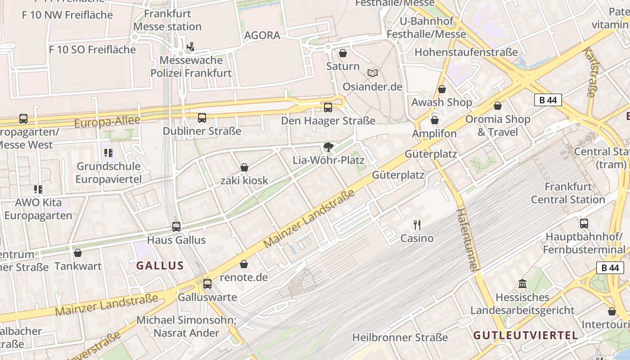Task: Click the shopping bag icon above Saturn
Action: point(343,53)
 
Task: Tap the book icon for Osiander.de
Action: point(373,73)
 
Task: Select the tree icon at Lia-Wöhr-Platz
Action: point(328,147)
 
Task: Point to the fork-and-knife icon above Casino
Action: point(417,225)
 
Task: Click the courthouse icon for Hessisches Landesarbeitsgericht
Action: point(522,284)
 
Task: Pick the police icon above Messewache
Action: point(191,46)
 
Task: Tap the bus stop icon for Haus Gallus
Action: point(176,226)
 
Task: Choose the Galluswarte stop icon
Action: point(207,284)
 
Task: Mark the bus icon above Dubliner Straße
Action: point(202,118)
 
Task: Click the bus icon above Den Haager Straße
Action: point(328,107)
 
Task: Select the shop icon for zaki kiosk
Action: point(244,167)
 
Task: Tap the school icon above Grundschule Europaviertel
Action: point(108,153)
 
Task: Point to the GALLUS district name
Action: point(160,265)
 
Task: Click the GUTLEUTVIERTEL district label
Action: point(526,335)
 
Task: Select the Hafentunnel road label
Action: point(467,239)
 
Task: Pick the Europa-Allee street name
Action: point(107,121)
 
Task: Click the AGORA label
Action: point(262,35)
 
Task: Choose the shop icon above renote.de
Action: point(244,264)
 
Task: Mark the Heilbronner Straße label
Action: point(400,337)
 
